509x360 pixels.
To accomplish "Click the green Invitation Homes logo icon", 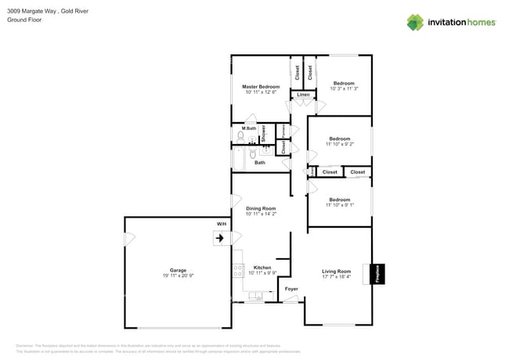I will coord(415,22).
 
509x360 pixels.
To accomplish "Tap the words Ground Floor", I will coord(23,20).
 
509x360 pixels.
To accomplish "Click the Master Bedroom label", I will coord(260,87).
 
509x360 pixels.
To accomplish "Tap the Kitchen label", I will coord(262,267).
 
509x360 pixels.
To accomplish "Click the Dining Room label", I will coord(261,208).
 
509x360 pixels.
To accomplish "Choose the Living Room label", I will coord(337,271).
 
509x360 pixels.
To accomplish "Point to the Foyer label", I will coord(291,289).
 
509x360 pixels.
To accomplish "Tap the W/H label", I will coord(222,224).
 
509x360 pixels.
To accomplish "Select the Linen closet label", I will coord(302,95).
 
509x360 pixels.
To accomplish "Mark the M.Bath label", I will coord(249,128).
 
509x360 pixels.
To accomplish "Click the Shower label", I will coord(264,133).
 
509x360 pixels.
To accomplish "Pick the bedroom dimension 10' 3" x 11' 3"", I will coord(344,89).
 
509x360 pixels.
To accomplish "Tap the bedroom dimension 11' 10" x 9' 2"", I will coord(340,144).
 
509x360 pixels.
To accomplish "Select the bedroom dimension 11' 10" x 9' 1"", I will coord(340,205).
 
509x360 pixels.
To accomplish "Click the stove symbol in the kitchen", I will coord(237,271).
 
